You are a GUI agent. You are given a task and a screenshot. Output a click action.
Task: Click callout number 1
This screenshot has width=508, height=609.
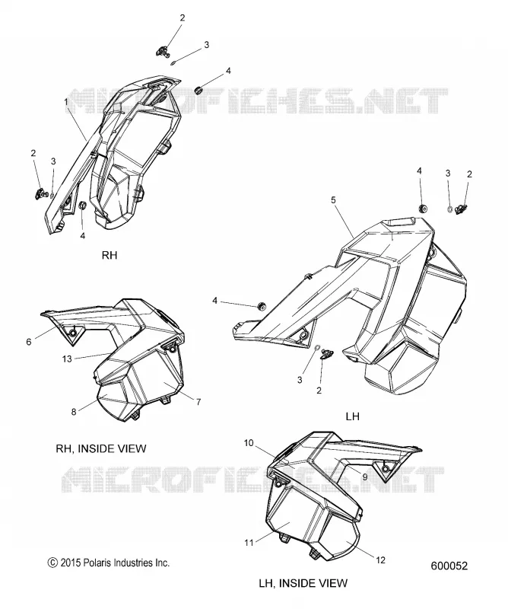[66, 102]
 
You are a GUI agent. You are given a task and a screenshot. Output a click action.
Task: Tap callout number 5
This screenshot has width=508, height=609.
[333, 200]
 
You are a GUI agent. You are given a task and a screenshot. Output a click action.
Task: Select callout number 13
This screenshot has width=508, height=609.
[67, 359]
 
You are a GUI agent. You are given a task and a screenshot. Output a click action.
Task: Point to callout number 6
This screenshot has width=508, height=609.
[29, 342]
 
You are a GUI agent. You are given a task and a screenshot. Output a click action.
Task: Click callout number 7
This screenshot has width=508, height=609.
[198, 402]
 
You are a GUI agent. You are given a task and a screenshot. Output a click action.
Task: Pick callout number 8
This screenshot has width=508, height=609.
[74, 412]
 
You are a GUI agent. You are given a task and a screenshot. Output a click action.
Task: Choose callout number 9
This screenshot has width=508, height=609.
[365, 477]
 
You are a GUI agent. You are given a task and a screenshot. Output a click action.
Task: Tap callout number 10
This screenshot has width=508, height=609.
[249, 442]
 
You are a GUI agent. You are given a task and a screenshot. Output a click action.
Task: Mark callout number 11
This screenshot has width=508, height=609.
[249, 543]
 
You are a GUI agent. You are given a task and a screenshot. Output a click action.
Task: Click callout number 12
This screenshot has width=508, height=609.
[381, 560]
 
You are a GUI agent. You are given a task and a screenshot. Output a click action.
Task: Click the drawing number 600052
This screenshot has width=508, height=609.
[449, 566]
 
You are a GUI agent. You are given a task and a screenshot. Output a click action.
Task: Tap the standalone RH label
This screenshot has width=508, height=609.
[110, 255]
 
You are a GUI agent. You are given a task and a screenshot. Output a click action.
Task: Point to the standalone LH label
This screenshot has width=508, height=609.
[352, 416]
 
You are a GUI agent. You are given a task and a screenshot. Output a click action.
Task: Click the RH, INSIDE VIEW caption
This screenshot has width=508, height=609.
[101, 448]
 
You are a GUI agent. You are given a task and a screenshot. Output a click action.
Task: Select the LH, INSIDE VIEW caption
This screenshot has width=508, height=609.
[303, 583]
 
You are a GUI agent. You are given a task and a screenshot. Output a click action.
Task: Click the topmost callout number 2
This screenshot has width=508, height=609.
[183, 18]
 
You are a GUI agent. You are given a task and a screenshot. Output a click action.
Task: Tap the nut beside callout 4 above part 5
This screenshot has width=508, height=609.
[423, 209]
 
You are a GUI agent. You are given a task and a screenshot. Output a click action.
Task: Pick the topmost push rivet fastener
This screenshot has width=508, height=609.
[164, 50]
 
